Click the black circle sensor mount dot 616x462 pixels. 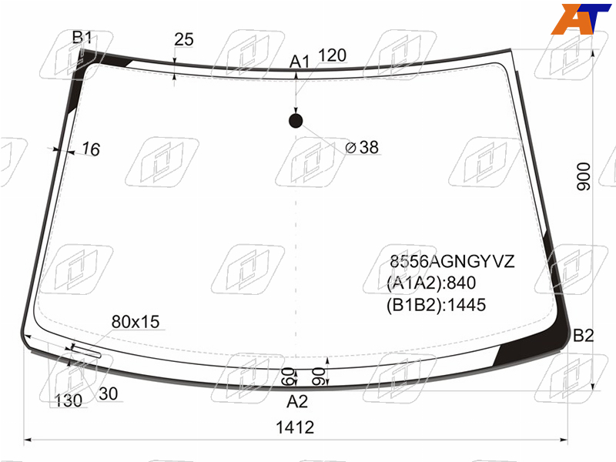[x=296, y=121]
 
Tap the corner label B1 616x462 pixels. [x=82, y=38]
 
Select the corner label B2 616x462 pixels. [x=584, y=336]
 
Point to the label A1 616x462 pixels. [x=300, y=62]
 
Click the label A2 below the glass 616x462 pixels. [x=297, y=401]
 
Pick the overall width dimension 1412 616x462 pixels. [x=295, y=427]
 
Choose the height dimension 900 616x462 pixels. [x=584, y=176]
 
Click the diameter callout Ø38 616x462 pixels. [x=362, y=147]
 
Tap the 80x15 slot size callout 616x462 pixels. [x=136, y=322]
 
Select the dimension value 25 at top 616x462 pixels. [x=184, y=39]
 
